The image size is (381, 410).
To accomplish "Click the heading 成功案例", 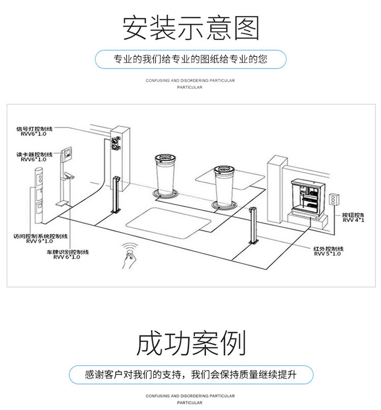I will (x=190, y=343).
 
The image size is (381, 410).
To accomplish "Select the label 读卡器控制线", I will (x=34, y=154).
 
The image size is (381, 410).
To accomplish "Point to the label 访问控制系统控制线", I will (x=40, y=236).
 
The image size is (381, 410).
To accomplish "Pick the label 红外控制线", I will (x=328, y=248).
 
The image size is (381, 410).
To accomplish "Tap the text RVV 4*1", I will (x=353, y=220).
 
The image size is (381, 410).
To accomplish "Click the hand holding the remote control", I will (x=130, y=254).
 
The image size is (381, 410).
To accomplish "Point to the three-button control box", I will (x=334, y=198).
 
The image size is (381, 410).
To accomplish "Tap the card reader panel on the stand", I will (x=67, y=153).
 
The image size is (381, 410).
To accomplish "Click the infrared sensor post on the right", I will (x=251, y=226).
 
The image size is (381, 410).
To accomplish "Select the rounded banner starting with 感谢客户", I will (x=190, y=375).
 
